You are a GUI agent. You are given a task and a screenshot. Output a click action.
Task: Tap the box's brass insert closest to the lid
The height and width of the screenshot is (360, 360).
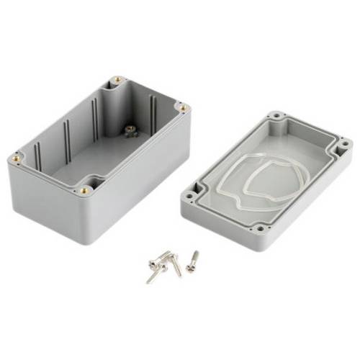pos(183,108)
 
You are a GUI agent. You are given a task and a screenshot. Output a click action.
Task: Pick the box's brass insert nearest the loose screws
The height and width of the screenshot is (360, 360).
pos(86,190)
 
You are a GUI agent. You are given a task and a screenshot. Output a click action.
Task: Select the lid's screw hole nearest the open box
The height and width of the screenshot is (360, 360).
pos(193,194)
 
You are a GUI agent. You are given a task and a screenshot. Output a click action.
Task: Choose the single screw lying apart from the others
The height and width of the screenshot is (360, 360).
pos(192,261)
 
